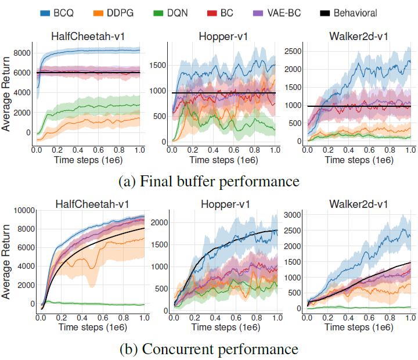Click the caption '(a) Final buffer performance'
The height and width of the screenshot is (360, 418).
coord(209,182)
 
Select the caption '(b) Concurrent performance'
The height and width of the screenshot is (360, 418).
coord(209,350)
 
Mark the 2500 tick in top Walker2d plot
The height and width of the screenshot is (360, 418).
coord(294,51)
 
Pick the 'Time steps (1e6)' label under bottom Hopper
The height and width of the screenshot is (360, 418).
coord(225,329)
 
